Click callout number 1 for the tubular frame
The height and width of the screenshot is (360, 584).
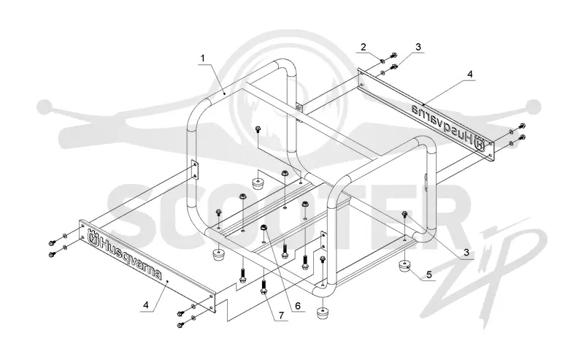(203, 58)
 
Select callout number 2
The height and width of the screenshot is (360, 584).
(363, 47)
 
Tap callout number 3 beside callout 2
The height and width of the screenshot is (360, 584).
(418, 47)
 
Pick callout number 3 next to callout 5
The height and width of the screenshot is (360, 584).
(466, 253)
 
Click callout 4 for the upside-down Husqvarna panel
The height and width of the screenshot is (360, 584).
(470, 74)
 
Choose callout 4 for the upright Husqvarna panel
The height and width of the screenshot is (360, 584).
(145, 305)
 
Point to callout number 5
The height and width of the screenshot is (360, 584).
(429, 275)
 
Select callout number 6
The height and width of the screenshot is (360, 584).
(298, 305)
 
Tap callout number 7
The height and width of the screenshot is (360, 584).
(281, 315)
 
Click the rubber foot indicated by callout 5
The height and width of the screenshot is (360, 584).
(404, 267)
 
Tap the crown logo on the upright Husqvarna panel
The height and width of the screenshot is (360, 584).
(93, 237)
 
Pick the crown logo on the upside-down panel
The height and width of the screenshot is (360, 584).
(480, 142)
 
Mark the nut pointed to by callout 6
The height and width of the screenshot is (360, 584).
(263, 227)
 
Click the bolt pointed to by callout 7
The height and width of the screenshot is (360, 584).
(264, 287)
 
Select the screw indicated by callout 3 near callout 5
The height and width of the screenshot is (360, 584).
(404, 213)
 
